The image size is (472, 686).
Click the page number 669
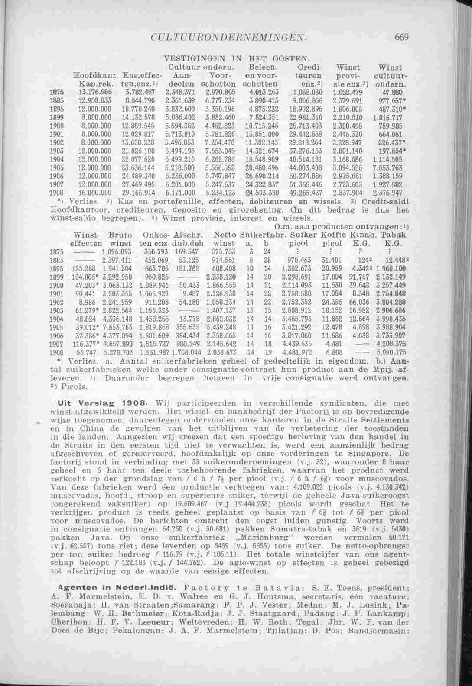pos(402,38)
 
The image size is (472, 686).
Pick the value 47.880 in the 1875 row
pos(392,92)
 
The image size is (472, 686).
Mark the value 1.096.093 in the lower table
pos(115,251)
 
